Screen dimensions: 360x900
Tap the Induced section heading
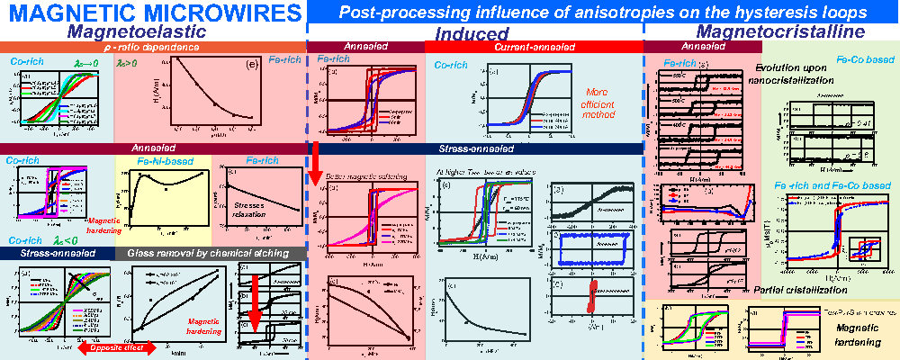click(x=473, y=33)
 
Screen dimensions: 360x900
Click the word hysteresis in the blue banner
click(x=777, y=13)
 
